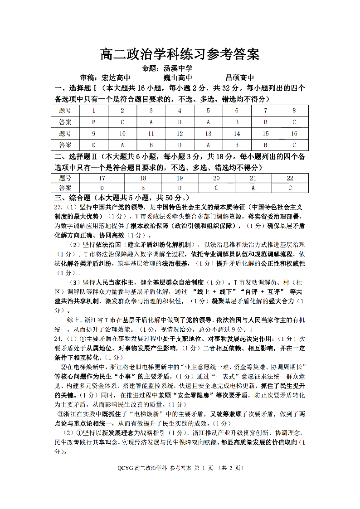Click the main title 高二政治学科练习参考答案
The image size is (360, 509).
pos(180,54)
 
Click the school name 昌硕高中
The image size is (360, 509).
pos(240,78)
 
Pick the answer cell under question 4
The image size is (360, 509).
pos(180,122)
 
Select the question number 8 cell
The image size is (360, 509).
pos(294,111)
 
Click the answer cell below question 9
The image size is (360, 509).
pos(94,145)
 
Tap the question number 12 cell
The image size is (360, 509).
pos(180,134)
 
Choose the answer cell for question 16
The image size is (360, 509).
pos(294,145)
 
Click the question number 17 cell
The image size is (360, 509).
pos(102,178)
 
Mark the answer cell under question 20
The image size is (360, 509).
pos(216,188)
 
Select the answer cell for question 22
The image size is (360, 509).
pos(290,188)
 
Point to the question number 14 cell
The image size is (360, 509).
pos(237,134)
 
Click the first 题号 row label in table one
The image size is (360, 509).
pos(65,111)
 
